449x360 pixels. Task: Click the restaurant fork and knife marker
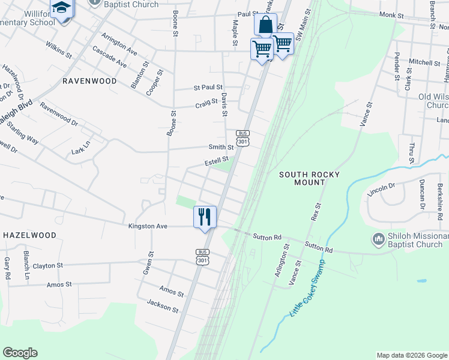pos(205,217)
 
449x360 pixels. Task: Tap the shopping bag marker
pos(265,25)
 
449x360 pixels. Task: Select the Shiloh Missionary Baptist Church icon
pos(378,239)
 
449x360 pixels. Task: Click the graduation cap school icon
pos(61,8)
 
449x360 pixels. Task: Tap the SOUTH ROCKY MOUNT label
pos(309,178)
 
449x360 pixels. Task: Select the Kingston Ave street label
pos(148,226)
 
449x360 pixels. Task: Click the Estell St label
pos(217,161)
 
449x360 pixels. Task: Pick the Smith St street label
pos(221,146)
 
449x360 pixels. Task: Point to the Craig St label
pos(206,104)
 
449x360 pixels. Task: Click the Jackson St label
pos(163,306)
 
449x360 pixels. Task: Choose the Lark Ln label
pos(80,147)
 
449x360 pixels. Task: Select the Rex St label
pos(316,212)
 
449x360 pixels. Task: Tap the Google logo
pos(20,353)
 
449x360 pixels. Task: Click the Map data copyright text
pos(411,355)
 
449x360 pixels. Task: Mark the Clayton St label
pos(47,265)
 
